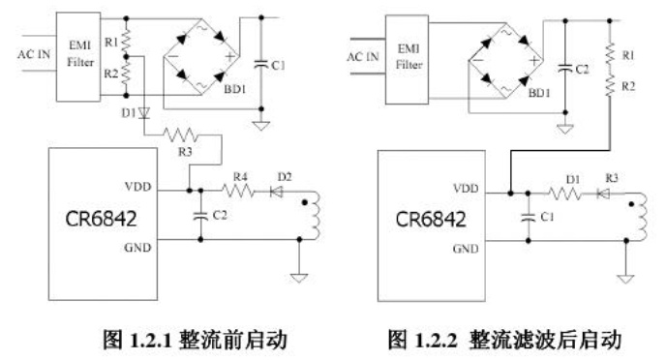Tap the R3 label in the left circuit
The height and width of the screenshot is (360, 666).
click(185, 152)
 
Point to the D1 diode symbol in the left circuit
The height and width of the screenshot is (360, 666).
click(144, 113)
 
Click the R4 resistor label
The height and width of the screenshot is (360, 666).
click(240, 176)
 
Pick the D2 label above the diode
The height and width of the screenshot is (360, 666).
click(285, 176)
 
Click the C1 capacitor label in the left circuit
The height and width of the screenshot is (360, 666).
click(278, 66)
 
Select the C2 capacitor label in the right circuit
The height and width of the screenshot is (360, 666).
click(583, 70)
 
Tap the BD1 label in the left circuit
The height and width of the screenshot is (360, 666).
click(235, 89)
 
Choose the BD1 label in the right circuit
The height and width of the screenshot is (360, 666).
click(539, 93)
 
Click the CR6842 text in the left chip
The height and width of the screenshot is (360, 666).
click(101, 219)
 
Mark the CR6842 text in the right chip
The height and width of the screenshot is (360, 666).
click(431, 220)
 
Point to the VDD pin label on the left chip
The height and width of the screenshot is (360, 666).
click(138, 187)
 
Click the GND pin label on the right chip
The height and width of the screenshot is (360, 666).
click(466, 249)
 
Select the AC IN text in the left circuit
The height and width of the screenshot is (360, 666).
click(34, 54)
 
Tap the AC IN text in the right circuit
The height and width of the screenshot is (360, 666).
click(363, 57)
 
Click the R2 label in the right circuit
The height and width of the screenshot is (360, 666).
click(628, 86)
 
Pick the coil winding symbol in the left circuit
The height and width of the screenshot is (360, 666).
click(317, 216)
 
